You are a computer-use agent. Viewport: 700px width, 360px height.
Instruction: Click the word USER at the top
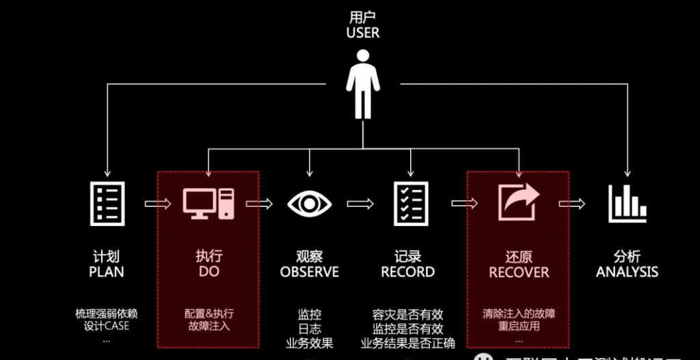point(362,33)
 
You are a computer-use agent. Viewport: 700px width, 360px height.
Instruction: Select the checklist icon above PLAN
point(107,204)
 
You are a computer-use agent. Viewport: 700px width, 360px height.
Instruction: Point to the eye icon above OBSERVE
point(309,204)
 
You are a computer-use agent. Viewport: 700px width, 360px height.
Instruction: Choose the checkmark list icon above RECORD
point(411,204)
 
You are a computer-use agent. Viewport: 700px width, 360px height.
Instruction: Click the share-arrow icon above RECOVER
point(518,203)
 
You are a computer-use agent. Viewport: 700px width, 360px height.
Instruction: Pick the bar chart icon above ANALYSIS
point(627,204)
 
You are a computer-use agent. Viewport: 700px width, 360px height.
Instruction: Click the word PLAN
point(107,272)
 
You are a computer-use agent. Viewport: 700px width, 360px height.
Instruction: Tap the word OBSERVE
point(309,272)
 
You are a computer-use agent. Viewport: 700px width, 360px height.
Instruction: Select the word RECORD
point(408,272)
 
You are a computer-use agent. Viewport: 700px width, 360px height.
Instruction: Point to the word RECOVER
point(519,273)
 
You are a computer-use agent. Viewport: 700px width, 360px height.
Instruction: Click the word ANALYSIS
point(627,272)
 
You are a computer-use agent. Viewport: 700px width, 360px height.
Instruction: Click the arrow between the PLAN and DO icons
point(157,204)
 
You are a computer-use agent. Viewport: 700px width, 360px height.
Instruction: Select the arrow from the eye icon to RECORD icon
point(360,204)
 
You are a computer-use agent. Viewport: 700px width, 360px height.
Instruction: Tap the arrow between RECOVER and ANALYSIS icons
point(572,204)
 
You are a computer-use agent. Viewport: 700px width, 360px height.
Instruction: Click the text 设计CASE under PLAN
point(107,326)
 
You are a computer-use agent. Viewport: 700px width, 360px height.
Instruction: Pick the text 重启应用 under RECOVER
point(519,327)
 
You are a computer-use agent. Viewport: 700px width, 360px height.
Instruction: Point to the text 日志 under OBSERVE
point(309,329)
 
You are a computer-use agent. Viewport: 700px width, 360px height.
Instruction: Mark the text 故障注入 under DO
point(208,327)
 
